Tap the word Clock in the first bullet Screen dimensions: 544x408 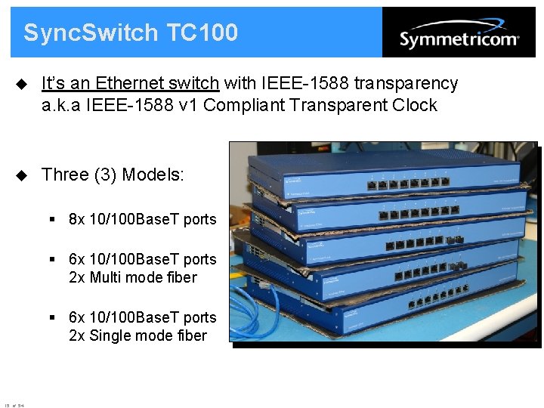coord(416,105)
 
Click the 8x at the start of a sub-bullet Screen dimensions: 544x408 coord(76,220)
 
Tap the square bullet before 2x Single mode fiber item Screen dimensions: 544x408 coord(54,317)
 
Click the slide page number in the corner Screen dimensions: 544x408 coord(14,406)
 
